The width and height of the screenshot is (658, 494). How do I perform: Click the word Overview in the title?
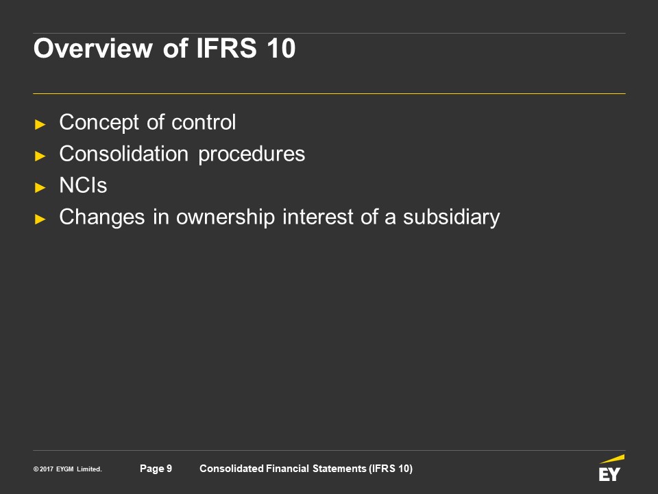click(x=93, y=48)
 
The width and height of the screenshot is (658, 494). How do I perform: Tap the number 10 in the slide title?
click(x=281, y=48)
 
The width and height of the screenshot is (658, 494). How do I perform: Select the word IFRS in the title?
click(x=226, y=48)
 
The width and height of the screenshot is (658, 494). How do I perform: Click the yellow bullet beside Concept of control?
click(x=40, y=124)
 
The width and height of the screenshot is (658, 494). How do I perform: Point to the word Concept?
click(x=99, y=123)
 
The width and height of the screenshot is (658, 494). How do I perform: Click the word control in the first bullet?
click(x=204, y=122)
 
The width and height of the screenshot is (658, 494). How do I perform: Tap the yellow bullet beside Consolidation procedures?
click(x=40, y=156)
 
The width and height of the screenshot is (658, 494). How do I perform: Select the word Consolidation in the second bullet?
click(x=124, y=154)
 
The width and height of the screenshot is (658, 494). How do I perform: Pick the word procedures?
click(x=252, y=154)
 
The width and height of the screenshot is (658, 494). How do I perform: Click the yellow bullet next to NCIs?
click(x=40, y=187)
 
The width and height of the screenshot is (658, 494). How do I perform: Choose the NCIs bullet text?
click(x=83, y=185)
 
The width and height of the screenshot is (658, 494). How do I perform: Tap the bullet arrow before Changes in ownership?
click(x=40, y=219)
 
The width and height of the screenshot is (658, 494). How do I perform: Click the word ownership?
click(x=226, y=217)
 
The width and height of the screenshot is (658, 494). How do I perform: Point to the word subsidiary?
click(x=452, y=217)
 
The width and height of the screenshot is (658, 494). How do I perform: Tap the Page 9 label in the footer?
click(x=156, y=469)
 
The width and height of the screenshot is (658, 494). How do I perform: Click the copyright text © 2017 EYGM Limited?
click(x=68, y=469)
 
